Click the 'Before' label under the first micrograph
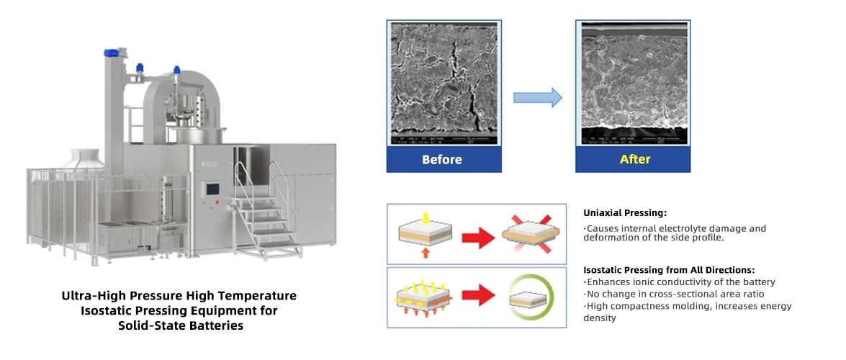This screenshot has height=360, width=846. pyautogui.click(x=442, y=159)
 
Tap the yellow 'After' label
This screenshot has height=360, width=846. pyautogui.click(x=634, y=159)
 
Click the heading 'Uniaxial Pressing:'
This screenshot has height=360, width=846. pyautogui.click(x=625, y=213)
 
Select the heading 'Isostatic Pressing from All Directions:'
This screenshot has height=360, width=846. pyautogui.click(x=669, y=269)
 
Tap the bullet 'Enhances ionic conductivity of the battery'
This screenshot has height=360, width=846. pyautogui.click(x=680, y=282)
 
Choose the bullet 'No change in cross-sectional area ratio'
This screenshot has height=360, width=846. pyautogui.click(x=675, y=294)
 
